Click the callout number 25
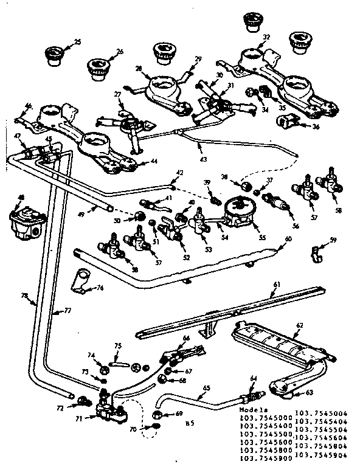click(x=77, y=42)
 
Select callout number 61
click(x=277, y=284)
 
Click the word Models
click(x=252, y=412)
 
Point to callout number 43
click(x=203, y=159)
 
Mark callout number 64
click(x=253, y=378)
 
